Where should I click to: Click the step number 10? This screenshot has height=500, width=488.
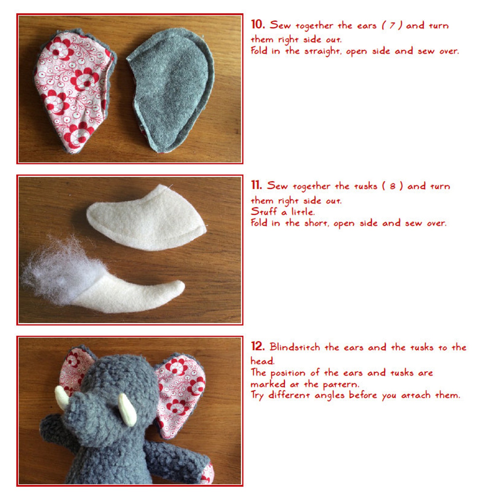point(258,25)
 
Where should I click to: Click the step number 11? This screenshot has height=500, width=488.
point(256,185)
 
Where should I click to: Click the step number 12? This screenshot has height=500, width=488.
point(258,346)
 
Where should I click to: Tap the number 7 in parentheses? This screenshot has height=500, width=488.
point(392,26)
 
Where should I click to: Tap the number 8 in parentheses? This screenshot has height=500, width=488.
point(392,186)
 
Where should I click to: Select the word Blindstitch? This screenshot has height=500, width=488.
point(295,347)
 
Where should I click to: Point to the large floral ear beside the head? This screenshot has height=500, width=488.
point(178,393)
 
